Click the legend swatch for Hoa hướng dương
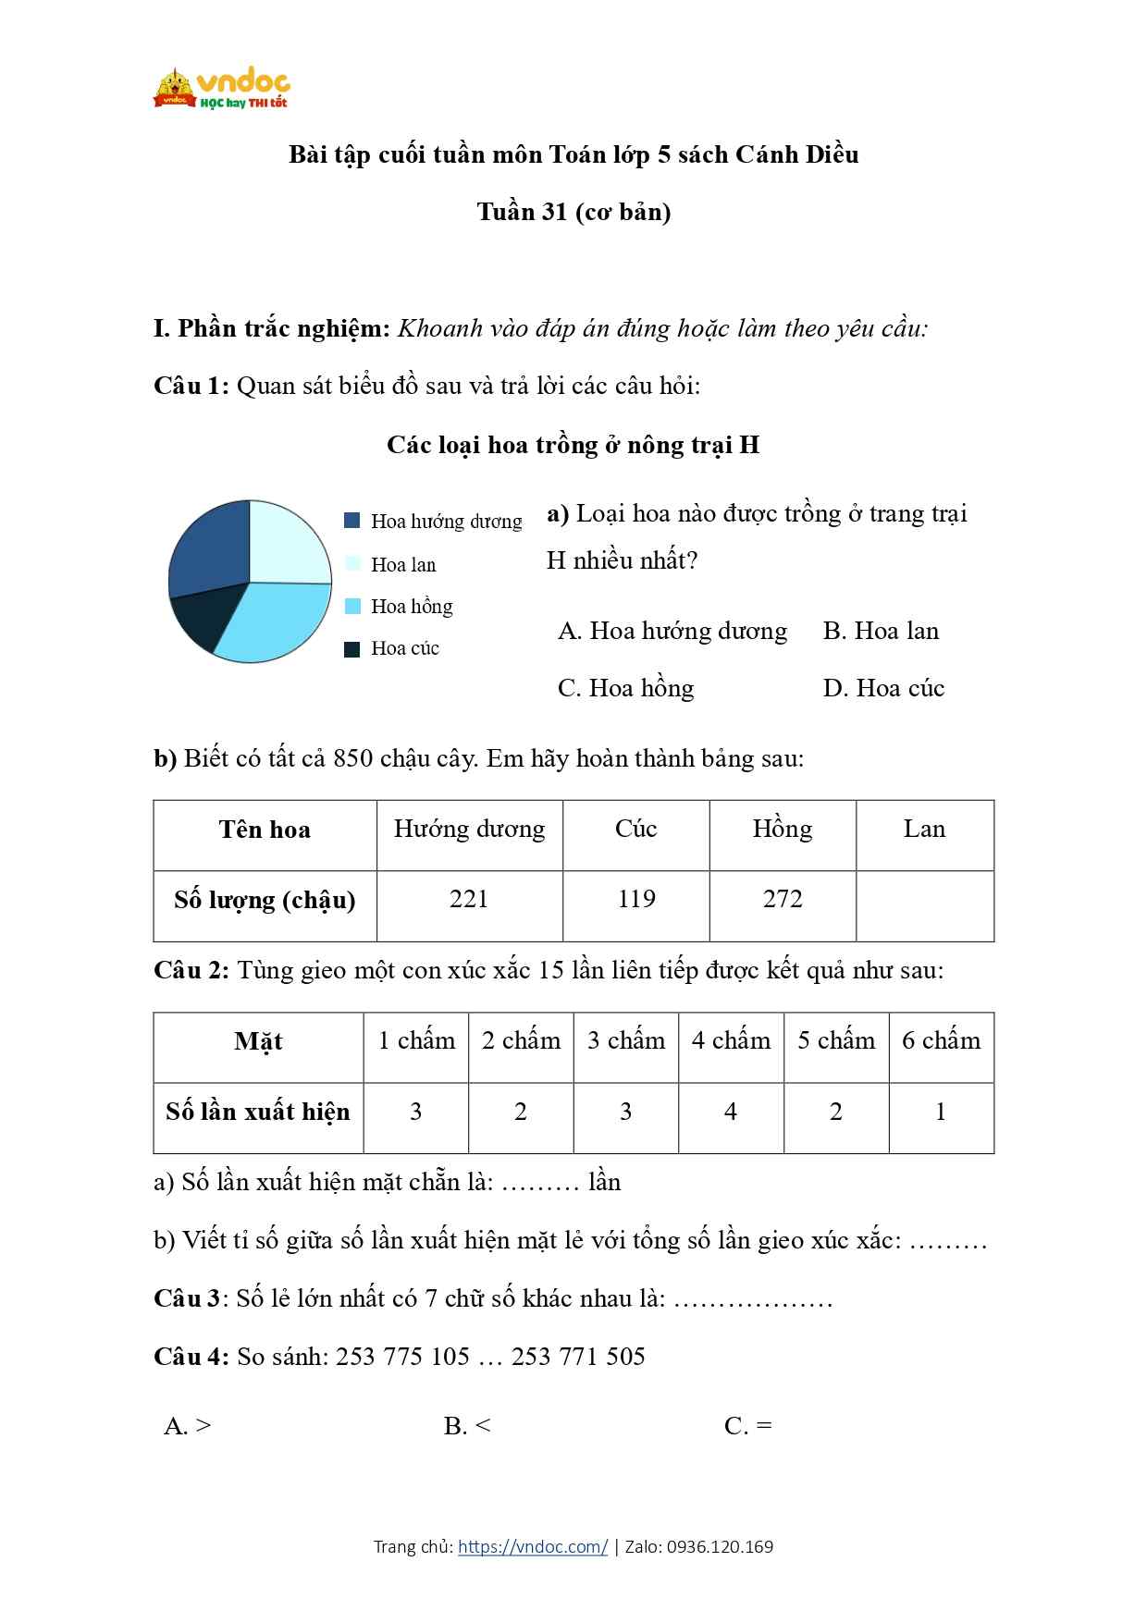[352, 521]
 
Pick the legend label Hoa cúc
[405, 648]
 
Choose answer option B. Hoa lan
[881, 631]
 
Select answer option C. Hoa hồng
[626, 688]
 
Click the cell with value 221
[469, 900]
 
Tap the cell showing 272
[783, 900]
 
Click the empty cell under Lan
[924, 904]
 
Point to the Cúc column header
[636, 829]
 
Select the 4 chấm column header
[731, 1040]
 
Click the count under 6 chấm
[941, 1112]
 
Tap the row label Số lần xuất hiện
[258, 1112]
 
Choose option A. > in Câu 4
[188, 1426]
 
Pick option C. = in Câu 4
[748, 1426]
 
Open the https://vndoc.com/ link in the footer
[533, 1546]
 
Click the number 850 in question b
[352, 758]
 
